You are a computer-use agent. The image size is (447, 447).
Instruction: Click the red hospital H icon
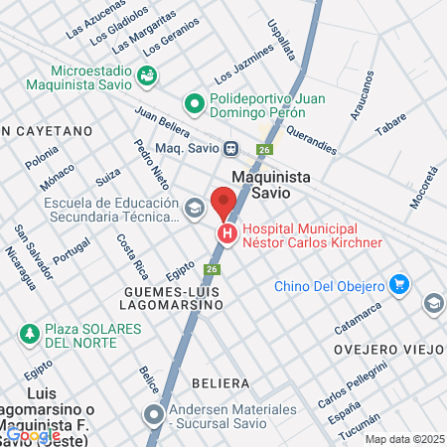(x=227, y=234)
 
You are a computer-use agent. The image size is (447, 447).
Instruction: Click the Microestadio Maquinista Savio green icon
(x=147, y=74)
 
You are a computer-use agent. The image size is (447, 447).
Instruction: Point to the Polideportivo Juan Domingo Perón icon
(x=195, y=101)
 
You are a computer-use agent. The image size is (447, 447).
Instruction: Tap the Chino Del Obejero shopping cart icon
(x=399, y=286)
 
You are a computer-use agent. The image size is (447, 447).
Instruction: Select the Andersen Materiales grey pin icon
(x=153, y=412)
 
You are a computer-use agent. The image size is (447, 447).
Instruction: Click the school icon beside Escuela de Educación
(x=194, y=209)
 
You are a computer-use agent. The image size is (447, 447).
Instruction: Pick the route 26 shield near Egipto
(x=212, y=269)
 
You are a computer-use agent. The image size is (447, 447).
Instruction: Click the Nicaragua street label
(x=13, y=268)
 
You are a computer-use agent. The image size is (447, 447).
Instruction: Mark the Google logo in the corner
(x=32, y=434)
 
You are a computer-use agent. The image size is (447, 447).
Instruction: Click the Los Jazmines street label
(x=243, y=63)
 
